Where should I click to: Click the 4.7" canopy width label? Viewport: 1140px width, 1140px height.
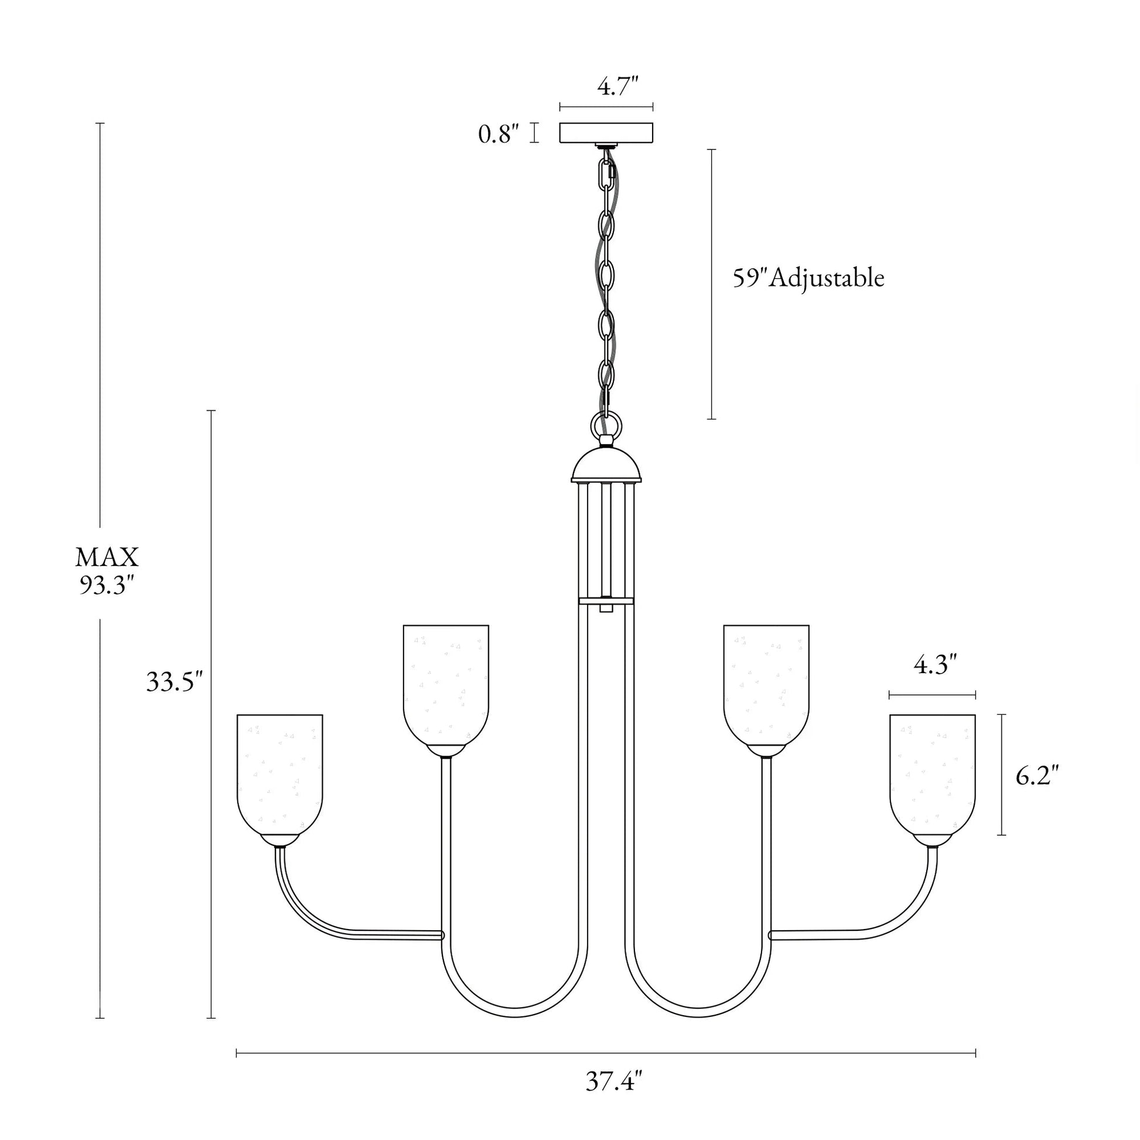coord(618,87)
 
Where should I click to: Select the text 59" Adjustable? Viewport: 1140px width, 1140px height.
coord(808,278)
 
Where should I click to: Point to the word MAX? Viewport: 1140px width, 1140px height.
coord(107,557)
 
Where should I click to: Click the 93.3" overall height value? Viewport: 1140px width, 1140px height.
coord(107,585)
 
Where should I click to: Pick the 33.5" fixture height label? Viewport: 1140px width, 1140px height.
coord(174,682)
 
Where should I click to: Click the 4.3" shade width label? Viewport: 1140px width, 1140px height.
coord(934,665)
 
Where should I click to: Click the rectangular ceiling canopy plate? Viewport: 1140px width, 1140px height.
coord(606,133)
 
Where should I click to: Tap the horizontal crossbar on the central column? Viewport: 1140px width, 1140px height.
coord(606,601)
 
